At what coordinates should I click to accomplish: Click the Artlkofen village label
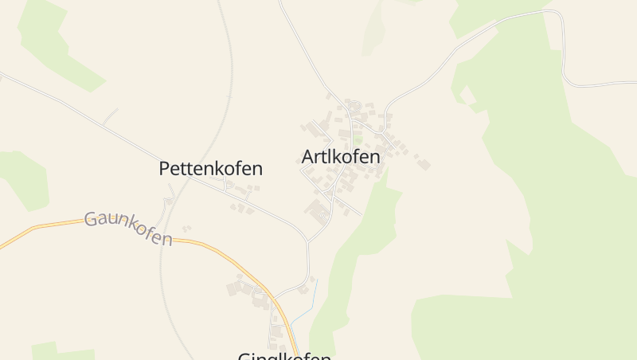pos(341,157)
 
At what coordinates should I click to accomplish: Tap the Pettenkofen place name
pos(210,169)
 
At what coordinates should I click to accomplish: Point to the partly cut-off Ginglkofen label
pos(284,356)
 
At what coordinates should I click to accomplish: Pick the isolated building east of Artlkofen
pos(424,164)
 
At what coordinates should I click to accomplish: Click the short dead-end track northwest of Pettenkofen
pos(110,116)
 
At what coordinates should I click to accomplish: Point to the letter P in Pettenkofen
pos(165,169)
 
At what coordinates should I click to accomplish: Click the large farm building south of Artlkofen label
pos(318,212)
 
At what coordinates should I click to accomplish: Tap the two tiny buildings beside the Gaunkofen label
pos(186,229)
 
